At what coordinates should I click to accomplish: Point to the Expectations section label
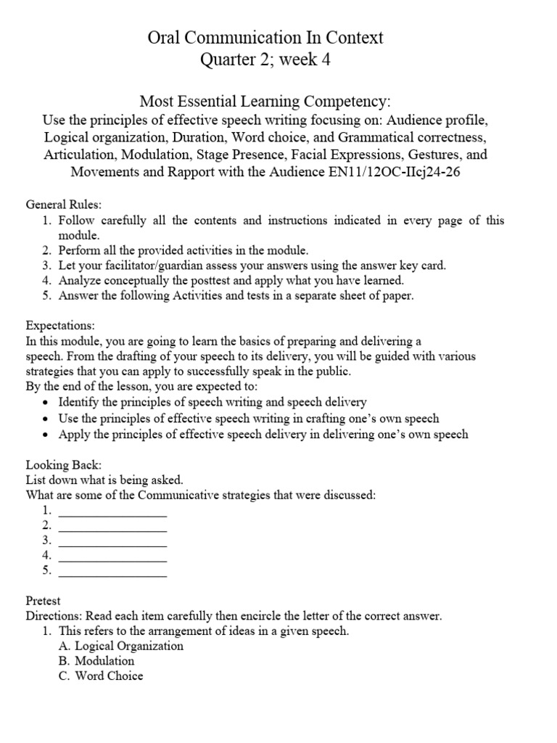point(61,326)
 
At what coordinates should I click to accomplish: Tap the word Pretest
point(44,601)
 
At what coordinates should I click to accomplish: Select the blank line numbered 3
point(112,542)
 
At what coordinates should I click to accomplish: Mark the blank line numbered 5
point(112,572)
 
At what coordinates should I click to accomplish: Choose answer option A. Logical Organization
point(120,646)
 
